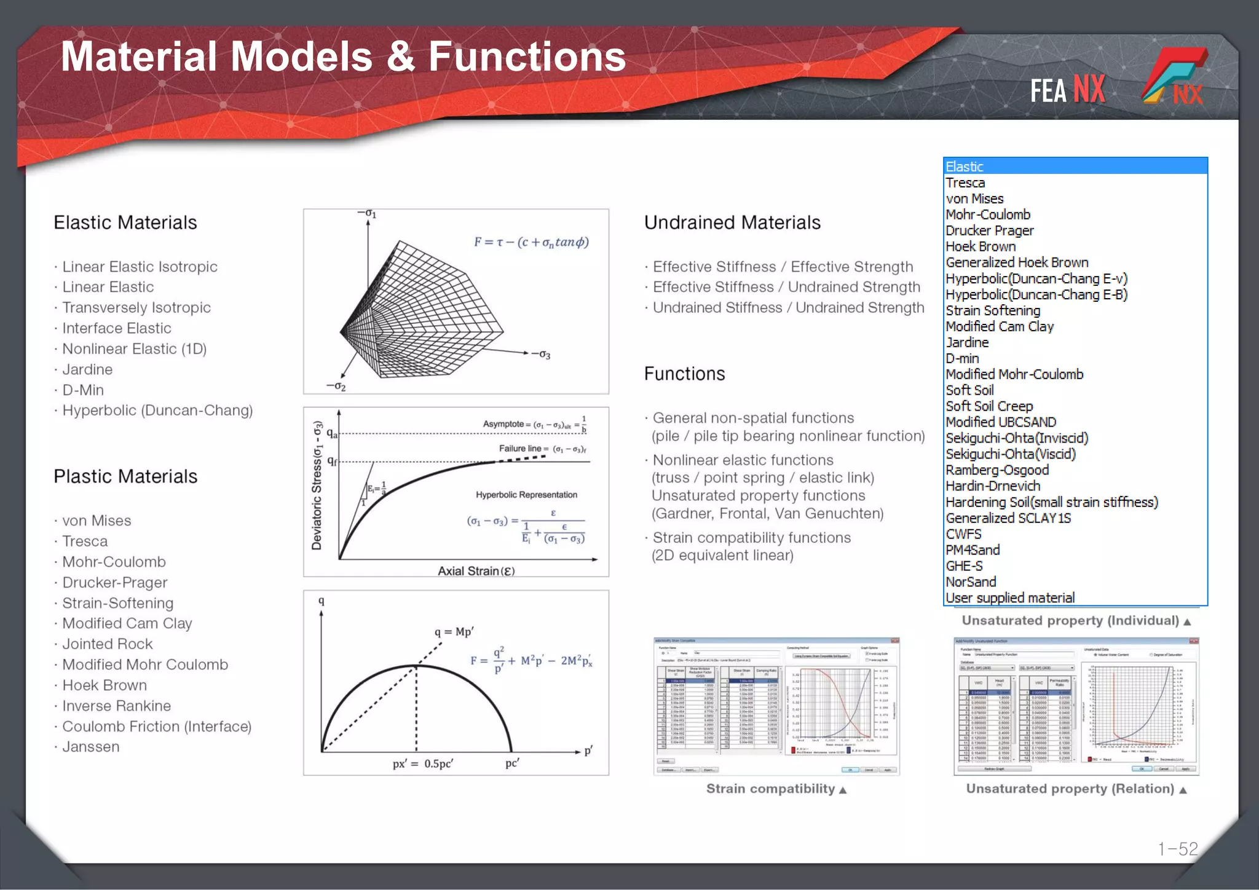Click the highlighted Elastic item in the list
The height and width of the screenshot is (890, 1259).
coord(965,167)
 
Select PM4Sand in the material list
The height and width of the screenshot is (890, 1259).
coord(973,549)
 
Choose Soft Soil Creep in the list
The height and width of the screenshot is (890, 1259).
coord(989,406)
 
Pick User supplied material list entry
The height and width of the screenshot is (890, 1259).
coord(1010,597)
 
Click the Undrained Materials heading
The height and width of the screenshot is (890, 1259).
coord(732,222)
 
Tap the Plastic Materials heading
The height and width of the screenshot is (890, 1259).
coord(125,476)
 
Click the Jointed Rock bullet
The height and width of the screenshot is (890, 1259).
coord(108,644)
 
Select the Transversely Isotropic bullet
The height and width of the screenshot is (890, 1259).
coord(136,307)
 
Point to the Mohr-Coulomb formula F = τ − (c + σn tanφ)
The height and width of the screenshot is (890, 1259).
coord(531,242)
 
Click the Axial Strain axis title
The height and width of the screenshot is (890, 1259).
coord(476,570)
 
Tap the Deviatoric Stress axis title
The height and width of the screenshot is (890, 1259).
coord(317,485)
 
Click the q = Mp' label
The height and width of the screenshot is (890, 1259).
coord(454,632)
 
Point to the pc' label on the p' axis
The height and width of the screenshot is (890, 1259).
coord(512,763)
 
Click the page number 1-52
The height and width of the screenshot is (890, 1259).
coord(1178,849)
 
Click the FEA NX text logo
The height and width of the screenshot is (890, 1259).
coord(1067,90)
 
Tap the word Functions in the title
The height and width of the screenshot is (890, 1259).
coord(527,57)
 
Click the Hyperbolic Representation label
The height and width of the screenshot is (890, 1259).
coord(526,495)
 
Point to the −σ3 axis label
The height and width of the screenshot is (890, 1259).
coord(541,354)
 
